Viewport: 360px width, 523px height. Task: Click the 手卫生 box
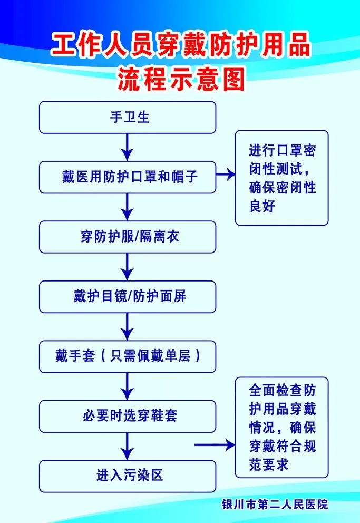pos(128,117)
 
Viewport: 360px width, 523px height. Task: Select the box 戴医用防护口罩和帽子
pos(128,177)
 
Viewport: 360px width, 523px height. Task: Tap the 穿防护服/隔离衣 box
pos(128,237)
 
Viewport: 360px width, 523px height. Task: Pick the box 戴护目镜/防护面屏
pos(128,296)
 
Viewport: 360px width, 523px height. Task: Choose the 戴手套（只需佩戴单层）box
pos(128,356)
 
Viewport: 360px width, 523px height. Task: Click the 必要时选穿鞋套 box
pos(128,416)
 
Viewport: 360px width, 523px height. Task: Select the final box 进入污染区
pos(128,476)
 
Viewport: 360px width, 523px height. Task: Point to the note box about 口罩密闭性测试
pos(281,178)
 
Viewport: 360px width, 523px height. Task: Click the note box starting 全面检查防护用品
pos(281,427)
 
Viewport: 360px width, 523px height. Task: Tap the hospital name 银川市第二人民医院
pos(275,505)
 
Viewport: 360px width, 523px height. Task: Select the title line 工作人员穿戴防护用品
pos(181,46)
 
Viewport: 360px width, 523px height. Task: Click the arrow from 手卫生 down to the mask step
pos(127,147)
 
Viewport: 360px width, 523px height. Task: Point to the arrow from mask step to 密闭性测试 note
pos(225,175)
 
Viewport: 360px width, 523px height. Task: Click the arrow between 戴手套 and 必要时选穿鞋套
pos(127,386)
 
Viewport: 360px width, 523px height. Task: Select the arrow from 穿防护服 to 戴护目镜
pos(127,267)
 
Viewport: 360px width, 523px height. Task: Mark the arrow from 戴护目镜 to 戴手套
pos(127,326)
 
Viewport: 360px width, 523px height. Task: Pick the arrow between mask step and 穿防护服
pos(127,207)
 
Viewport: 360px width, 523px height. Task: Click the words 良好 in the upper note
pos(262,206)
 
